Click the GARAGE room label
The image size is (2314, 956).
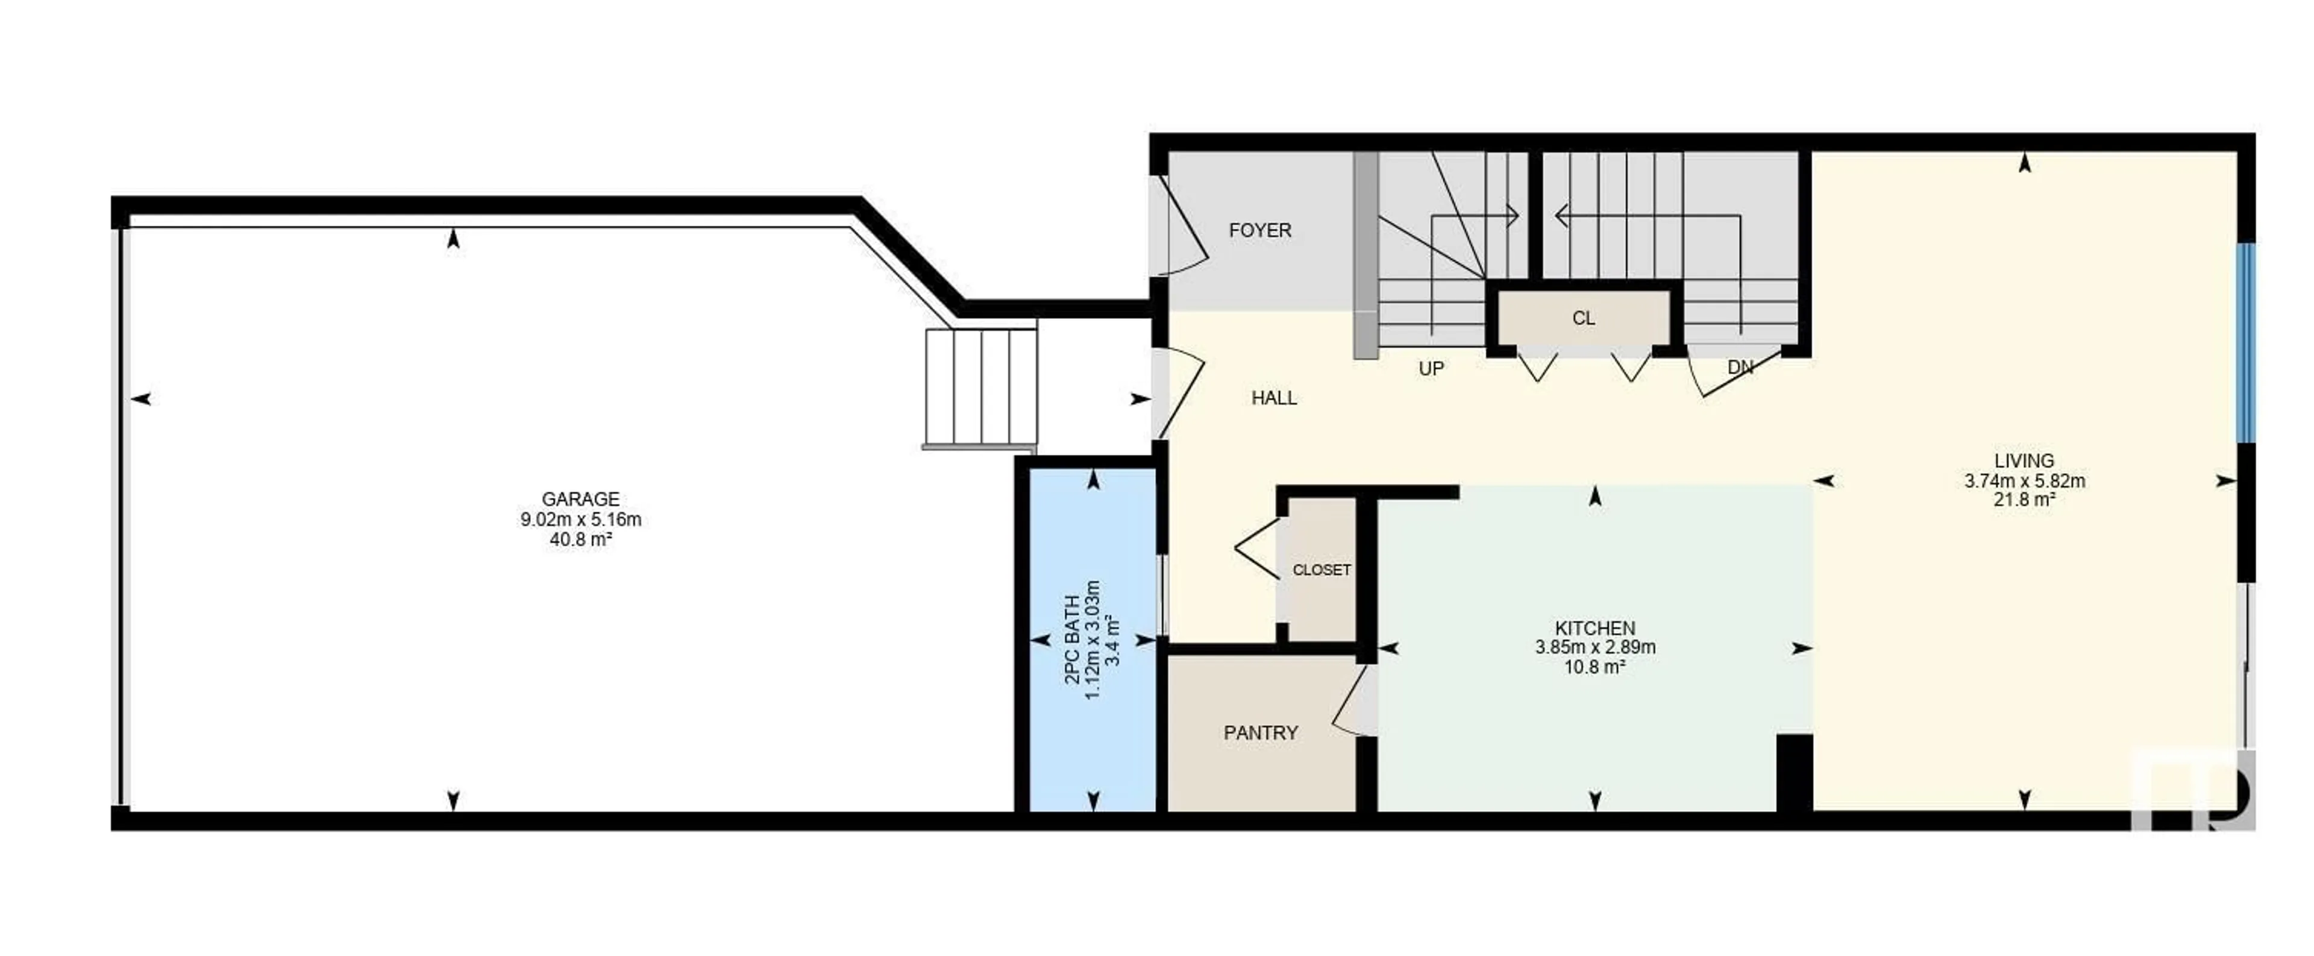click(580, 498)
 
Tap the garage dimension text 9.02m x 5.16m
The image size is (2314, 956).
click(580, 520)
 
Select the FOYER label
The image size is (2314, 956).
click(1259, 230)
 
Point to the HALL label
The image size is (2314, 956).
click(1274, 397)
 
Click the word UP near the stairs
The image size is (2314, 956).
click(1431, 368)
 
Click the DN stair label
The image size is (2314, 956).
click(1740, 366)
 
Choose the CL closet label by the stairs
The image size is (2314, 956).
click(1584, 318)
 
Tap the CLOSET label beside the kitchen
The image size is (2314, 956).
click(1322, 570)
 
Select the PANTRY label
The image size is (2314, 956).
click(1260, 733)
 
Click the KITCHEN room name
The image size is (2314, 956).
click(1595, 628)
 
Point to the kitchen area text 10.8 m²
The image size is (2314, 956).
click(1595, 667)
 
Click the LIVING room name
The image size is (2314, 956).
click(2025, 461)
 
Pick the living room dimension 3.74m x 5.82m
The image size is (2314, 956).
click(2025, 480)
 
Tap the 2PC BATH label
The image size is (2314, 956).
click(1073, 640)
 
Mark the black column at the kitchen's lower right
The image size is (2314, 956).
click(1795, 773)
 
